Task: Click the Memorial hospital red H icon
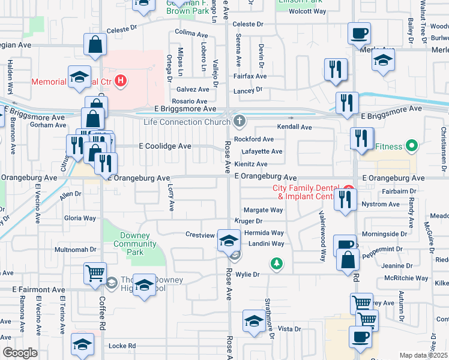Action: coord(121,80)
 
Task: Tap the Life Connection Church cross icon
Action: coord(240,122)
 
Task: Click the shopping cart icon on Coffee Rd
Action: coord(95,273)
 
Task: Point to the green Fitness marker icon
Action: coord(411,145)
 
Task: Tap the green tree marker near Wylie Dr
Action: coord(276,263)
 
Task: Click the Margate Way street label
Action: coord(263,211)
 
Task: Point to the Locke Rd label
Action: coord(122,346)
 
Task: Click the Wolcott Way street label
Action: coord(307,11)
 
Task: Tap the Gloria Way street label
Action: coord(80,218)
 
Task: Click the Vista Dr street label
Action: coord(289,329)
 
